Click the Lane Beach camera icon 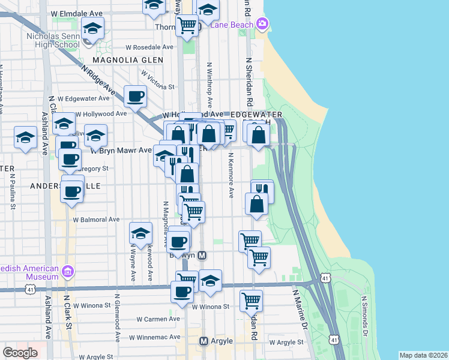click(x=262, y=24)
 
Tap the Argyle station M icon click(x=203, y=341)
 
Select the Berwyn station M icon click(x=202, y=255)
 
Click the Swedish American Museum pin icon click(x=67, y=272)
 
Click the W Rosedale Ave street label click(x=149, y=47)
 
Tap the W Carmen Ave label click(x=158, y=319)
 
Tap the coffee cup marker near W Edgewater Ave click(x=136, y=95)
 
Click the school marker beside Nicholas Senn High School click(x=93, y=28)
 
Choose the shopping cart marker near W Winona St click(x=251, y=300)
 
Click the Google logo click(x=20, y=353)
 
